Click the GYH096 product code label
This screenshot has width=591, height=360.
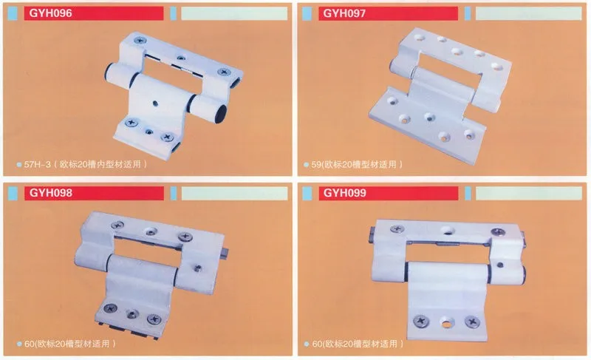[50, 13]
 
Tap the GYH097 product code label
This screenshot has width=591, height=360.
[344, 13]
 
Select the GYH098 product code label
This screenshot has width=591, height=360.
[51, 193]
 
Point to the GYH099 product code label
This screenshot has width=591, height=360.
[345, 193]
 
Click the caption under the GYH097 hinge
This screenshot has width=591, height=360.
[357, 164]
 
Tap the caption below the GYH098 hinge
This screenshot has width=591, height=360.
[70, 344]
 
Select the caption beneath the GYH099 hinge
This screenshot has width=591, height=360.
[358, 344]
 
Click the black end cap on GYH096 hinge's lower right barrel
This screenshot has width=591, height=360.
[220, 114]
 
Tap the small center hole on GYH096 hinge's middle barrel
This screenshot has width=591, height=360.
[155, 103]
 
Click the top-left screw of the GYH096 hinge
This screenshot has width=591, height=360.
[140, 40]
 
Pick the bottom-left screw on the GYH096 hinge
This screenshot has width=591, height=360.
[131, 122]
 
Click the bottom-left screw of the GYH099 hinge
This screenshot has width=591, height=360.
[421, 321]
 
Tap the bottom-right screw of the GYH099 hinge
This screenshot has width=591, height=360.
[472, 322]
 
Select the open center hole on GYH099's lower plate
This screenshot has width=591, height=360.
[447, 324]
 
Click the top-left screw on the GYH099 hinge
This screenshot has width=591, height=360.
[397, 228]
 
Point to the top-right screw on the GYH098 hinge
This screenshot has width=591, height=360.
[185, 237]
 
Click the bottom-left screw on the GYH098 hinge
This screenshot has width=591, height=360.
[110, 308]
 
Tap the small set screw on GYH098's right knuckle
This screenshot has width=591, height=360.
[197, 268]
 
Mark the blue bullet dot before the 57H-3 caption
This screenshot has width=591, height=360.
[19, 165]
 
